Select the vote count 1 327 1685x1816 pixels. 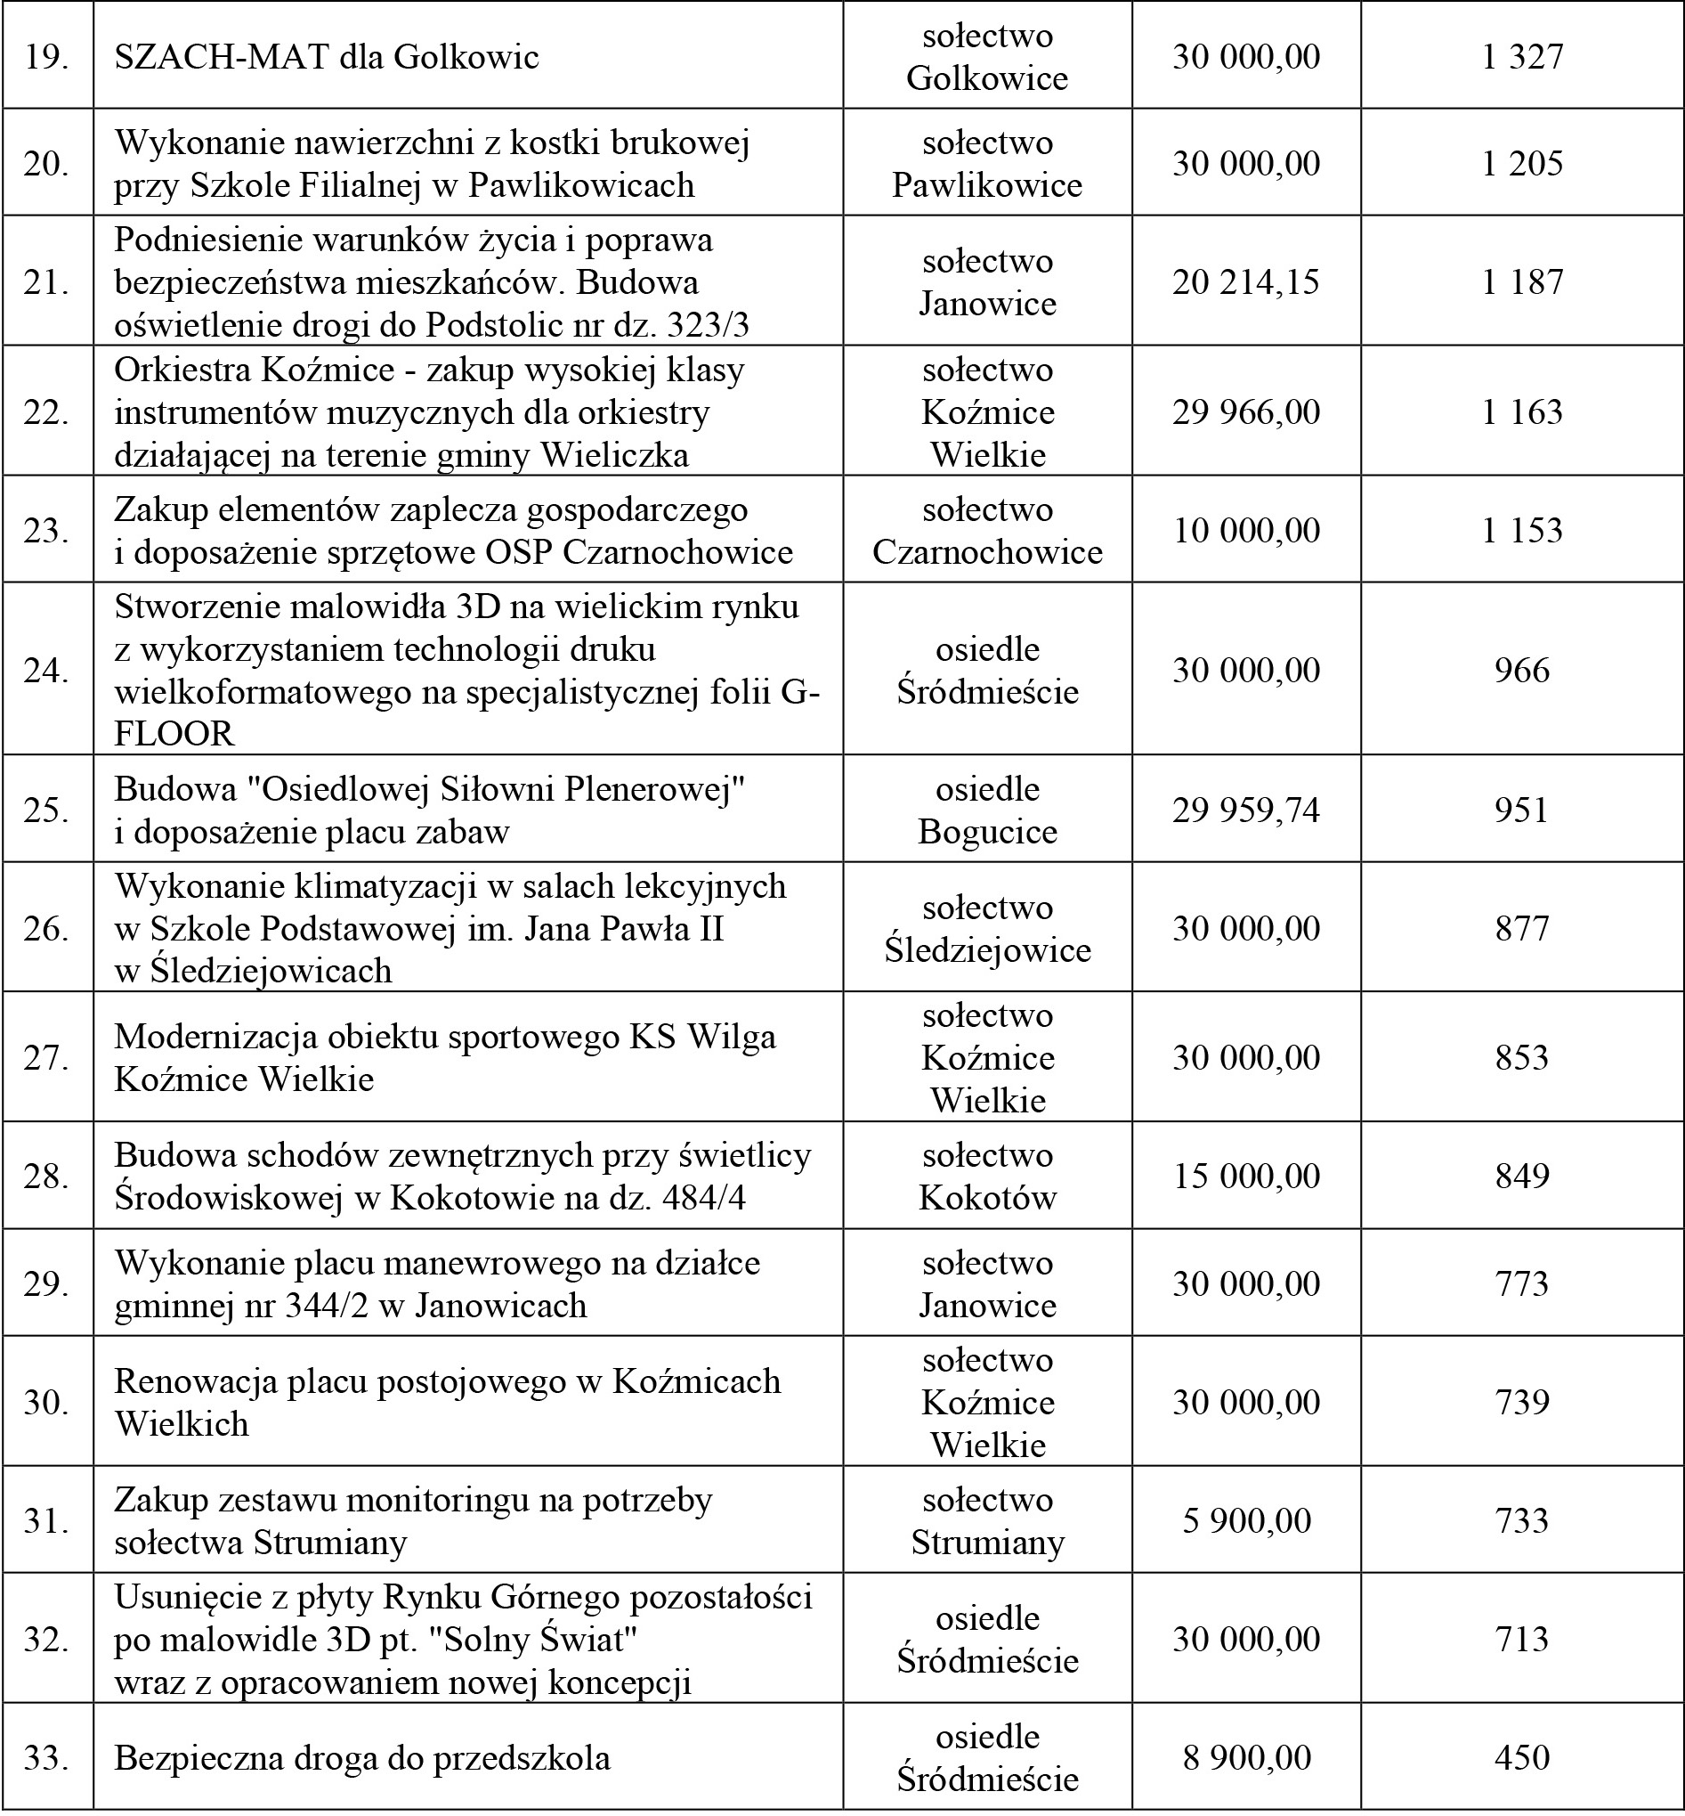pos(1522,56)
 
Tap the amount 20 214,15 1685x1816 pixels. pos(1245,281)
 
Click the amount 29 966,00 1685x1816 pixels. pos(1245,411)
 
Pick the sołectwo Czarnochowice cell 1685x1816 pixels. pos(987,530)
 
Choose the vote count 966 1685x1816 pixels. pos(1522,671)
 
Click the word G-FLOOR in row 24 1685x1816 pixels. pos(174,733)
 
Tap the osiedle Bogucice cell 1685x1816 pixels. pos(987,810)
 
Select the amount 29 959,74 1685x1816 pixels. pos(1245,810)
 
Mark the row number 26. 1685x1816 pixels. pos(46,929)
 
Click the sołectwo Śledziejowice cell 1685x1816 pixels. pos(987,929)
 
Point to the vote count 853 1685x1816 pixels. pos(1522,1057)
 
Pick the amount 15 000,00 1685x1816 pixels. pos(1245,1176)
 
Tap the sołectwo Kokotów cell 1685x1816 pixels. pos(987,1176)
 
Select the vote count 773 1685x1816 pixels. pos(1522,1283)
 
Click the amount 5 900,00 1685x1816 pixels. pos(1245,1520)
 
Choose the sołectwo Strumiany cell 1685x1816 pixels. pos(987,1520)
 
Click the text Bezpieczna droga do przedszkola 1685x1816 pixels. pos(362,1757)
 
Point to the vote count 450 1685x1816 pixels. pos(1522,1757)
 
